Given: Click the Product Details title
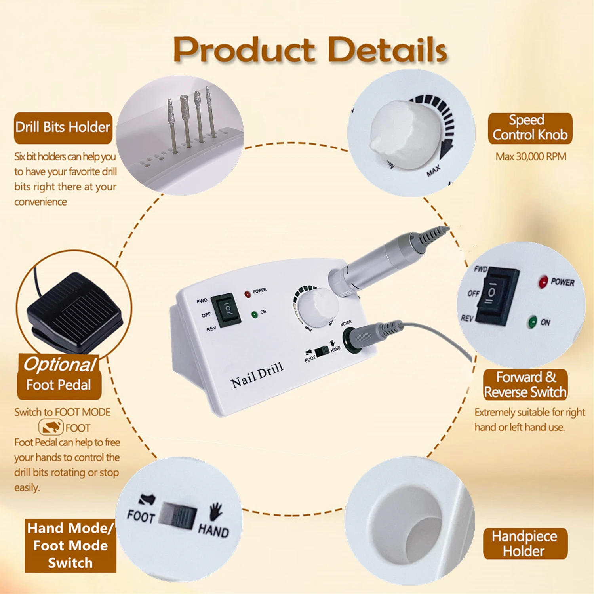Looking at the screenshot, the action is (x=310, y=50).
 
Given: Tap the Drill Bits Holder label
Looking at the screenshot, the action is (x=63, y=128).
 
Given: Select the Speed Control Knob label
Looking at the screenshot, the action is (x=530, y=128).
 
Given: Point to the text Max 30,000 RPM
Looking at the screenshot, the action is (x=531, y=156).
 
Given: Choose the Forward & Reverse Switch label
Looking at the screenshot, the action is (x=525, y=385).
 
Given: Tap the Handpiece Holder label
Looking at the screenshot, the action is (x=525, y=543).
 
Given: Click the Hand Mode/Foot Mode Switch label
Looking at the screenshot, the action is (x=70, y=545).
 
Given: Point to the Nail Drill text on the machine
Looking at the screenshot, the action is (x=257, y=374).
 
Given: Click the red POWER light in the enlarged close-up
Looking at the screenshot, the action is (x=543, y=282).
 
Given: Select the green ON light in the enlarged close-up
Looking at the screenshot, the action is (x=533, y=321).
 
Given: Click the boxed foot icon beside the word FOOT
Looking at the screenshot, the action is (x=51, y=427).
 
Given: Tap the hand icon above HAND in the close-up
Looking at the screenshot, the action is (x=216, y=511).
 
